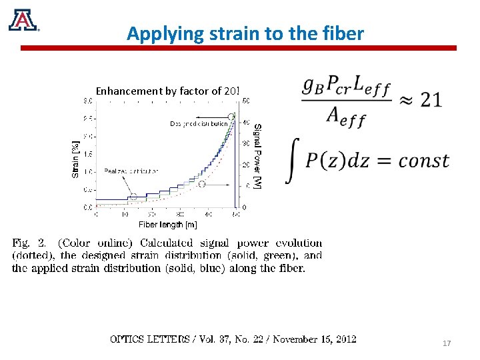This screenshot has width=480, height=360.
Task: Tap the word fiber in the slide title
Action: tap(343, 33)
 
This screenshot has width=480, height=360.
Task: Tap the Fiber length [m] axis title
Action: tap(167, 225)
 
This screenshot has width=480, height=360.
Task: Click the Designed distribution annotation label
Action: tap(198, 124)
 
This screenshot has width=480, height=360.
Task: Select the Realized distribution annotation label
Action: tap(131, 171)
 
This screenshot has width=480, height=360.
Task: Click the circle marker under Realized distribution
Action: tap(133, 197)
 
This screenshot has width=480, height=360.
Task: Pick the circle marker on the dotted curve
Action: tap(201, 184)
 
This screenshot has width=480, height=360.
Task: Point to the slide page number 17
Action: tap(447, 343)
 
